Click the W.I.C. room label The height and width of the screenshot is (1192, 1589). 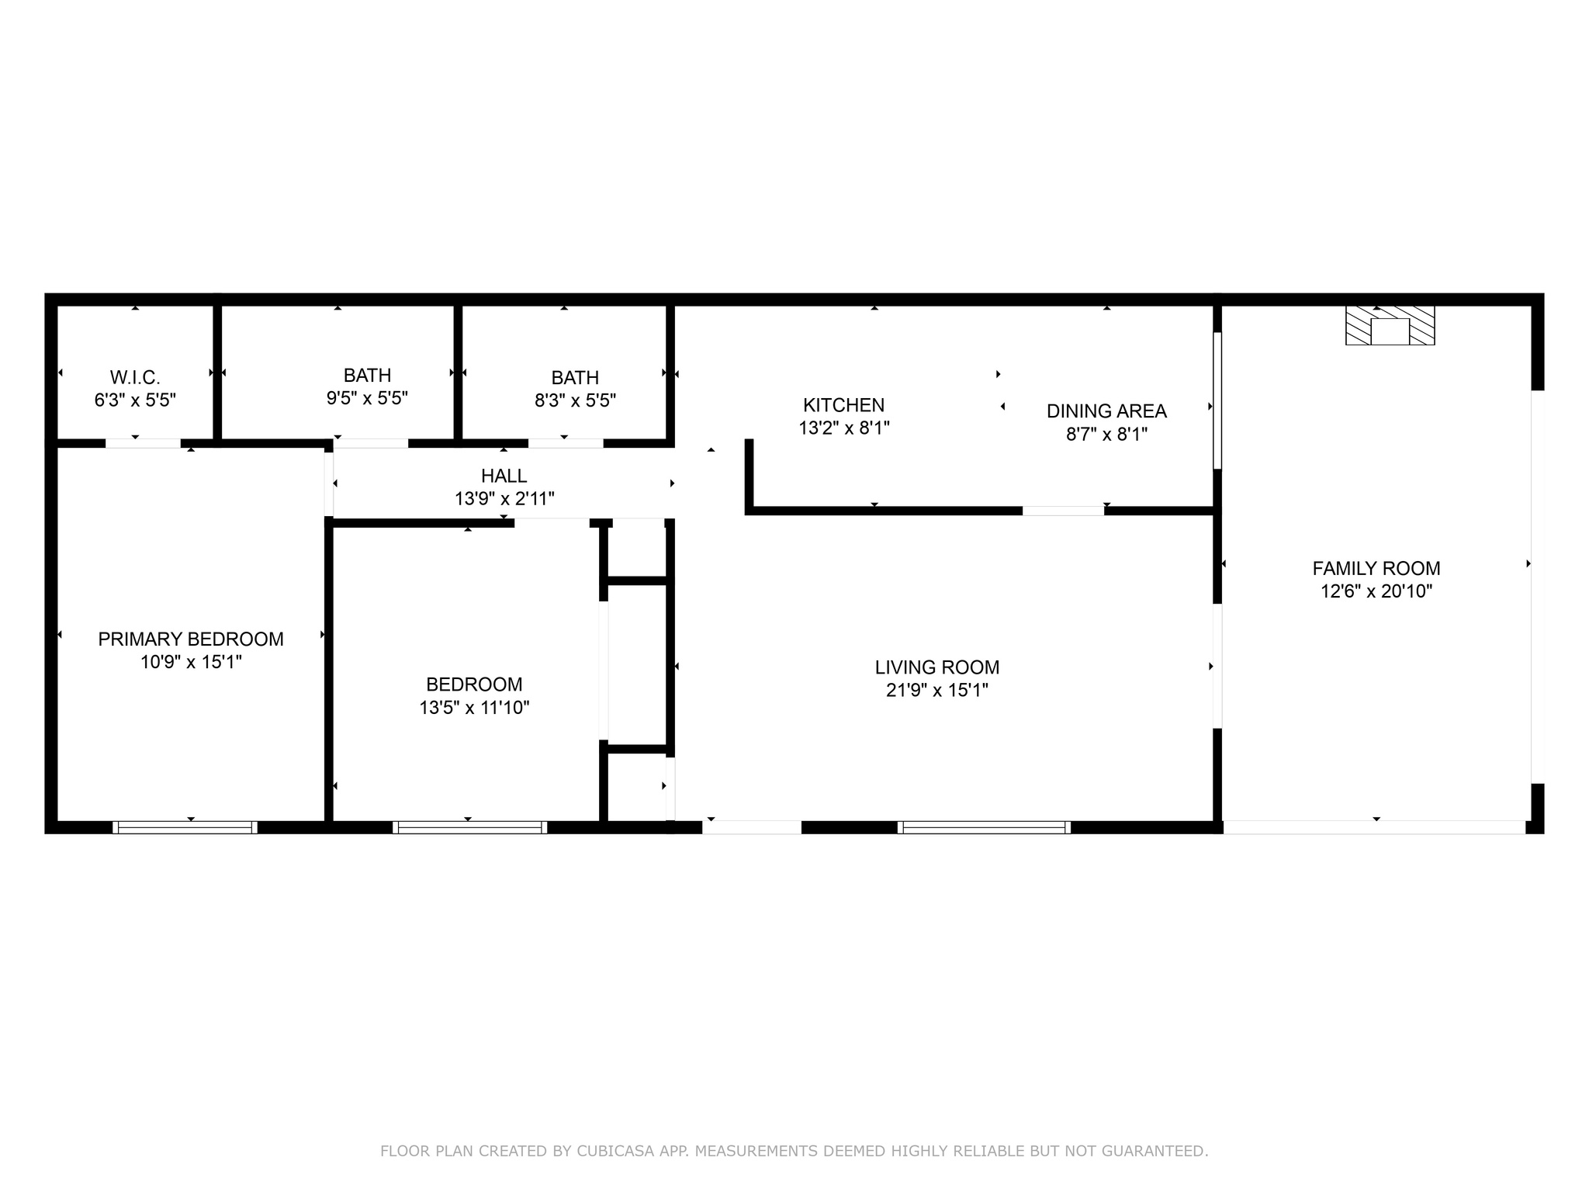[x=135, y=378]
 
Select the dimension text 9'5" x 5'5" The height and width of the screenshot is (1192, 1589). [x=367, y=398]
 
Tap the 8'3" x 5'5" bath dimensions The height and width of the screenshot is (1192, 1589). [x=575, y=400]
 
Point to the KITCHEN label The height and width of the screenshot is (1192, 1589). [x=843, y=405]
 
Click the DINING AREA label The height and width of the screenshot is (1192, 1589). [x=1106, y=411]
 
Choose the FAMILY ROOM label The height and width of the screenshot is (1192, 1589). [x=1376, y=568]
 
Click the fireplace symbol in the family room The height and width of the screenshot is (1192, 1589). [x=1390, y=326]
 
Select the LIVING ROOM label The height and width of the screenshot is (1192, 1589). [x=936, y=667]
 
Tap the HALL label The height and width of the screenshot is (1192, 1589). [x=504, y=476]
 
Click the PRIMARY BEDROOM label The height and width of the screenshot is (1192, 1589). [x=191, y=639]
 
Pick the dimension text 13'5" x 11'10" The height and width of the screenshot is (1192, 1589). [x=474, y=708]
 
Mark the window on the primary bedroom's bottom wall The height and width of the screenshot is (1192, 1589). [x=185, y=827]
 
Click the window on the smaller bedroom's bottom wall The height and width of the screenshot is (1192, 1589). [x=469, y=827]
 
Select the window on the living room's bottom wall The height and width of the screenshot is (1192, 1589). [x=984, y=827]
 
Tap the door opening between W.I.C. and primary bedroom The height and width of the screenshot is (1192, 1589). [x=144, y=443]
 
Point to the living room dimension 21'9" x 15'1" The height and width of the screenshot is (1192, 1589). [x=936, y=690]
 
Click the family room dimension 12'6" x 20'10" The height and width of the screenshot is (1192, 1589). [x=1376, y=591]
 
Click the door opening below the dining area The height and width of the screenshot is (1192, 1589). [x=1063, y=511]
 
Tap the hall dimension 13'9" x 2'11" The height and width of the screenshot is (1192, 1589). [x=504, y=499]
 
